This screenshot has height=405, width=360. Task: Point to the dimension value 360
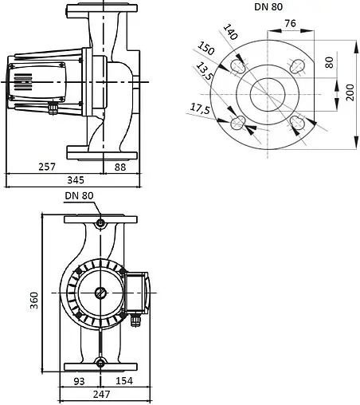[x=34, y=301]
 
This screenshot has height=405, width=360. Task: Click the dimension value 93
[x=80, y=381]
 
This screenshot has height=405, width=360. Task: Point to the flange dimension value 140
[x=230, y=33]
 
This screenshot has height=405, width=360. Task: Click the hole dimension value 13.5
[x=206, y=71]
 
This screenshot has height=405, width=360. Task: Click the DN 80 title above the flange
[x=270, y=6]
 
